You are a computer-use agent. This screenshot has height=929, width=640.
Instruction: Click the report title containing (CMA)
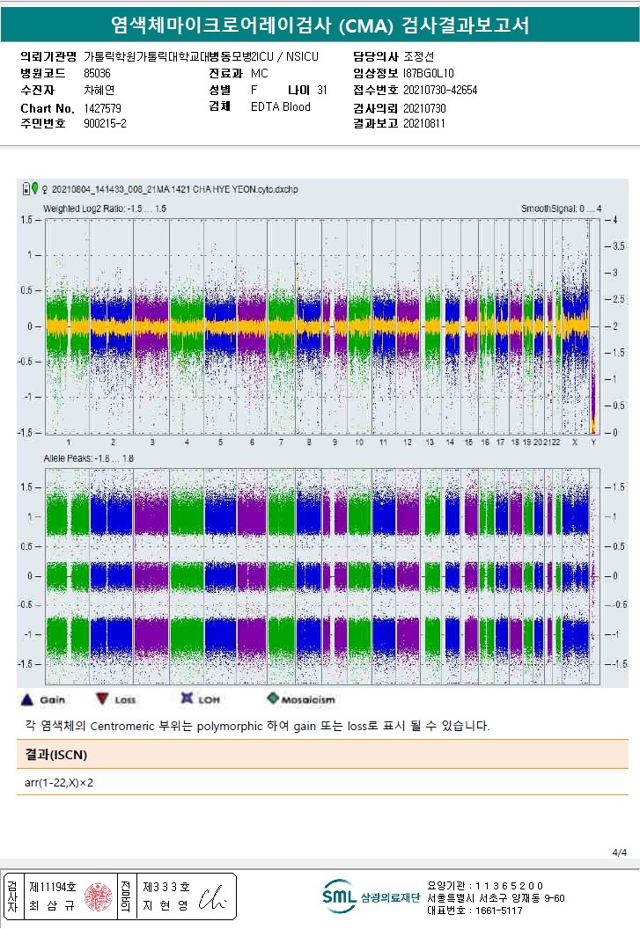click(x=320, y=25)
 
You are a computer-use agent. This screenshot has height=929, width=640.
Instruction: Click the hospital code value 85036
click(x=97, y=73)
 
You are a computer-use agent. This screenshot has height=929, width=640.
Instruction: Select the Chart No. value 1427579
click(x=102, y=107)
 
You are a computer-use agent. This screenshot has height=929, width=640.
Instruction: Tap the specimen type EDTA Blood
click(x=281, y=107)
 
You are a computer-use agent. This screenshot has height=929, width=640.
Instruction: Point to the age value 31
click(x=321, y=90)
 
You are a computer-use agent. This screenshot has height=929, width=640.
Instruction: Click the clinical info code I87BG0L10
click(x=429, y=73)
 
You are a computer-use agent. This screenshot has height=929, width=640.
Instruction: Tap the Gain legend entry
click(x=42, y=700)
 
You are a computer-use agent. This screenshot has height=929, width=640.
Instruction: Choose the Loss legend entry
click(x=114, y=700)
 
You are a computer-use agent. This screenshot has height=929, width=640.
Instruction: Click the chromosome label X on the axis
click(x=575, y=442)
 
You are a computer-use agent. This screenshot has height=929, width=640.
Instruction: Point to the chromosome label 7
click(x=281, y=442)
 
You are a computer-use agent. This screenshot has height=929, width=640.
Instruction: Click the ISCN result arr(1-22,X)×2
click(x=60, y=782)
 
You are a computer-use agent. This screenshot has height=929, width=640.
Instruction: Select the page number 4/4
click(x=619, y=852)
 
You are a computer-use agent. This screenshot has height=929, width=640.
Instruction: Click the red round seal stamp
click(x=96, y=896)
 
